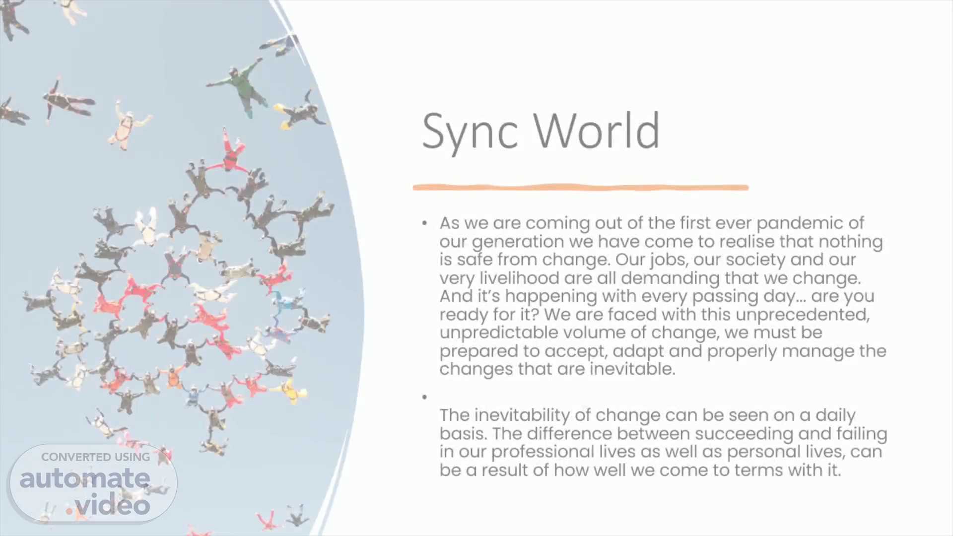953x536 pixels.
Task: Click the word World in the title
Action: pyautogui.click(x=597, y=130)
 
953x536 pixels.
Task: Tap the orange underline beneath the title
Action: pyautogui.click(x=581, y=187)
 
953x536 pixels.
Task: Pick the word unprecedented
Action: pyautogui.click(x=803, y=315)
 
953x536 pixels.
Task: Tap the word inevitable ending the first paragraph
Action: pyautogui.click(x=632, y=369)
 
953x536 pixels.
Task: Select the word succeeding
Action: pyautogui.click(x=744, y=434)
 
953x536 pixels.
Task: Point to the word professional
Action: pyautogui.click(x=543, y=452)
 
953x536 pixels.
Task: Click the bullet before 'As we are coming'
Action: pyautogui.click(x=425, y=223)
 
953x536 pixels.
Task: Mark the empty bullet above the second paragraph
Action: pyautogui.click(x=425, y=397)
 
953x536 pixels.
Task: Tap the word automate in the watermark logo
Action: pyautogui.click(x=85, y=478)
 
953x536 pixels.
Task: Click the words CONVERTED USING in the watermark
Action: pyautogui.click(x=95, y=457)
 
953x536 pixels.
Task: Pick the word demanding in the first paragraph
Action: pyautogui.click(x=670, y=278)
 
